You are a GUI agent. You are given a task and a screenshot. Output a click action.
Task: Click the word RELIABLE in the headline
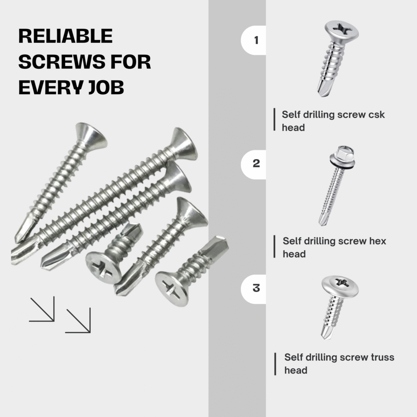pos(66,36)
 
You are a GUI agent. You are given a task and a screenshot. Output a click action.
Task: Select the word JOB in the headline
pos(106,87)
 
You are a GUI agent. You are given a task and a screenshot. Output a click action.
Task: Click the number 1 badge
pos(253,40)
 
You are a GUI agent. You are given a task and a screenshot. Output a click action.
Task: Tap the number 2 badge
pos(253,164)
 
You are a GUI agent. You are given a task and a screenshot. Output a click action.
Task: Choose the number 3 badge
pos(253,289)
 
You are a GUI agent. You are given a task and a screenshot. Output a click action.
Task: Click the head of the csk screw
pos(341,31)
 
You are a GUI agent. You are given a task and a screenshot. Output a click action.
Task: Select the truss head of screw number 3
pos(340,285)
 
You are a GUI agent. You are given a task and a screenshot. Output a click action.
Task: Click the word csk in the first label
pos(376,114)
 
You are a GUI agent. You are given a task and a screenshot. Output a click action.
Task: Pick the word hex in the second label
pos(377,241)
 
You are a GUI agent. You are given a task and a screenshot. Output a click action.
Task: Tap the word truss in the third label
pos(382,357)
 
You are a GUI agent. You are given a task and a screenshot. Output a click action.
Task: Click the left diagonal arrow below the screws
pos(42,309)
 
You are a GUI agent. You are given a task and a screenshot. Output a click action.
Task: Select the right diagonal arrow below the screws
pos(78,320)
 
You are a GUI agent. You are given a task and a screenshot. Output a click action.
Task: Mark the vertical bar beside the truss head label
pos(275,364)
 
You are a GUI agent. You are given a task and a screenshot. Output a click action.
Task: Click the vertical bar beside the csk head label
pos(274,119)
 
